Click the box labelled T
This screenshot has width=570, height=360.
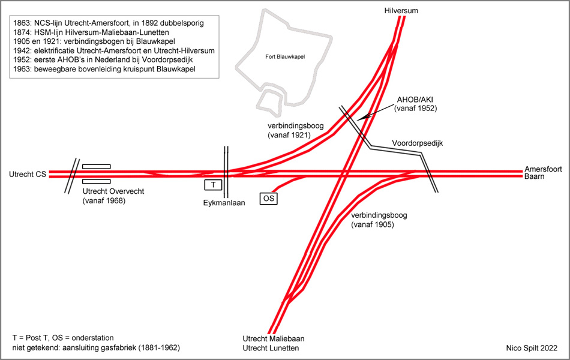[x=213, y=185]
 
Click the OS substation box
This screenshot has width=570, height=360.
[x=268, y=198]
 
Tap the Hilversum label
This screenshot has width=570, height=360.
[x=401, y=10]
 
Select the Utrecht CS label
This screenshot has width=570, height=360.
[x=28, y=175]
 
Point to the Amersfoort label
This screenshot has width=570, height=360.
[x=542, y=169]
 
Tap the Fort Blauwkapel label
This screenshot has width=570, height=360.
[x=284, y=56]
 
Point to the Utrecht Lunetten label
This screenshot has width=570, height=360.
[x=271, y=348]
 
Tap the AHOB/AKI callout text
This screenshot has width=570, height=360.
[x=415, y=104]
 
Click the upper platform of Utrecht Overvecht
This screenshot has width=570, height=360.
[x=96, y=166]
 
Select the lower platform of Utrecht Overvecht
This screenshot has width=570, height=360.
[x=96, y=181]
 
